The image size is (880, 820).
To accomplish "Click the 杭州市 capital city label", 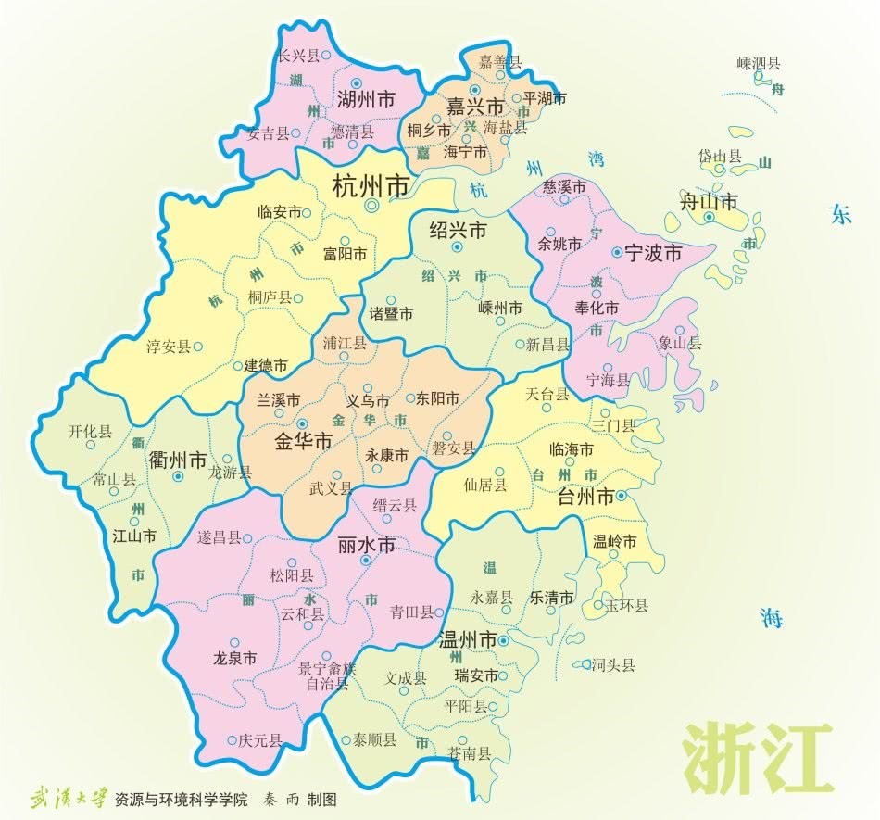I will pos(371,186).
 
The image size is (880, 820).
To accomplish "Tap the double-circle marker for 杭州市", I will pos(372,207).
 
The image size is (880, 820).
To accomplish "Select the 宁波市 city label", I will pos(652,252).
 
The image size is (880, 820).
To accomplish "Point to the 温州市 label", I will pos(466,639).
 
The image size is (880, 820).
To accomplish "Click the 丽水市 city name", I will pos(367,545).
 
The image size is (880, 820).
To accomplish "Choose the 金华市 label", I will pos(303,442).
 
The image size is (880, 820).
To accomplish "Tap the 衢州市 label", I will pos(178,460).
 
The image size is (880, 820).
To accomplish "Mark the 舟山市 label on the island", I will pos(710,201).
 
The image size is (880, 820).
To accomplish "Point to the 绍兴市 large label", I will pos(458,231).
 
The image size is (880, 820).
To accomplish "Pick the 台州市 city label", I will pos(586,497).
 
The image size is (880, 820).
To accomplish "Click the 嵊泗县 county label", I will pos(759,63).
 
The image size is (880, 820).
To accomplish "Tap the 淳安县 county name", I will pos(169,347).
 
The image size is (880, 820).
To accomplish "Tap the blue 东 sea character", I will pos(840,215).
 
